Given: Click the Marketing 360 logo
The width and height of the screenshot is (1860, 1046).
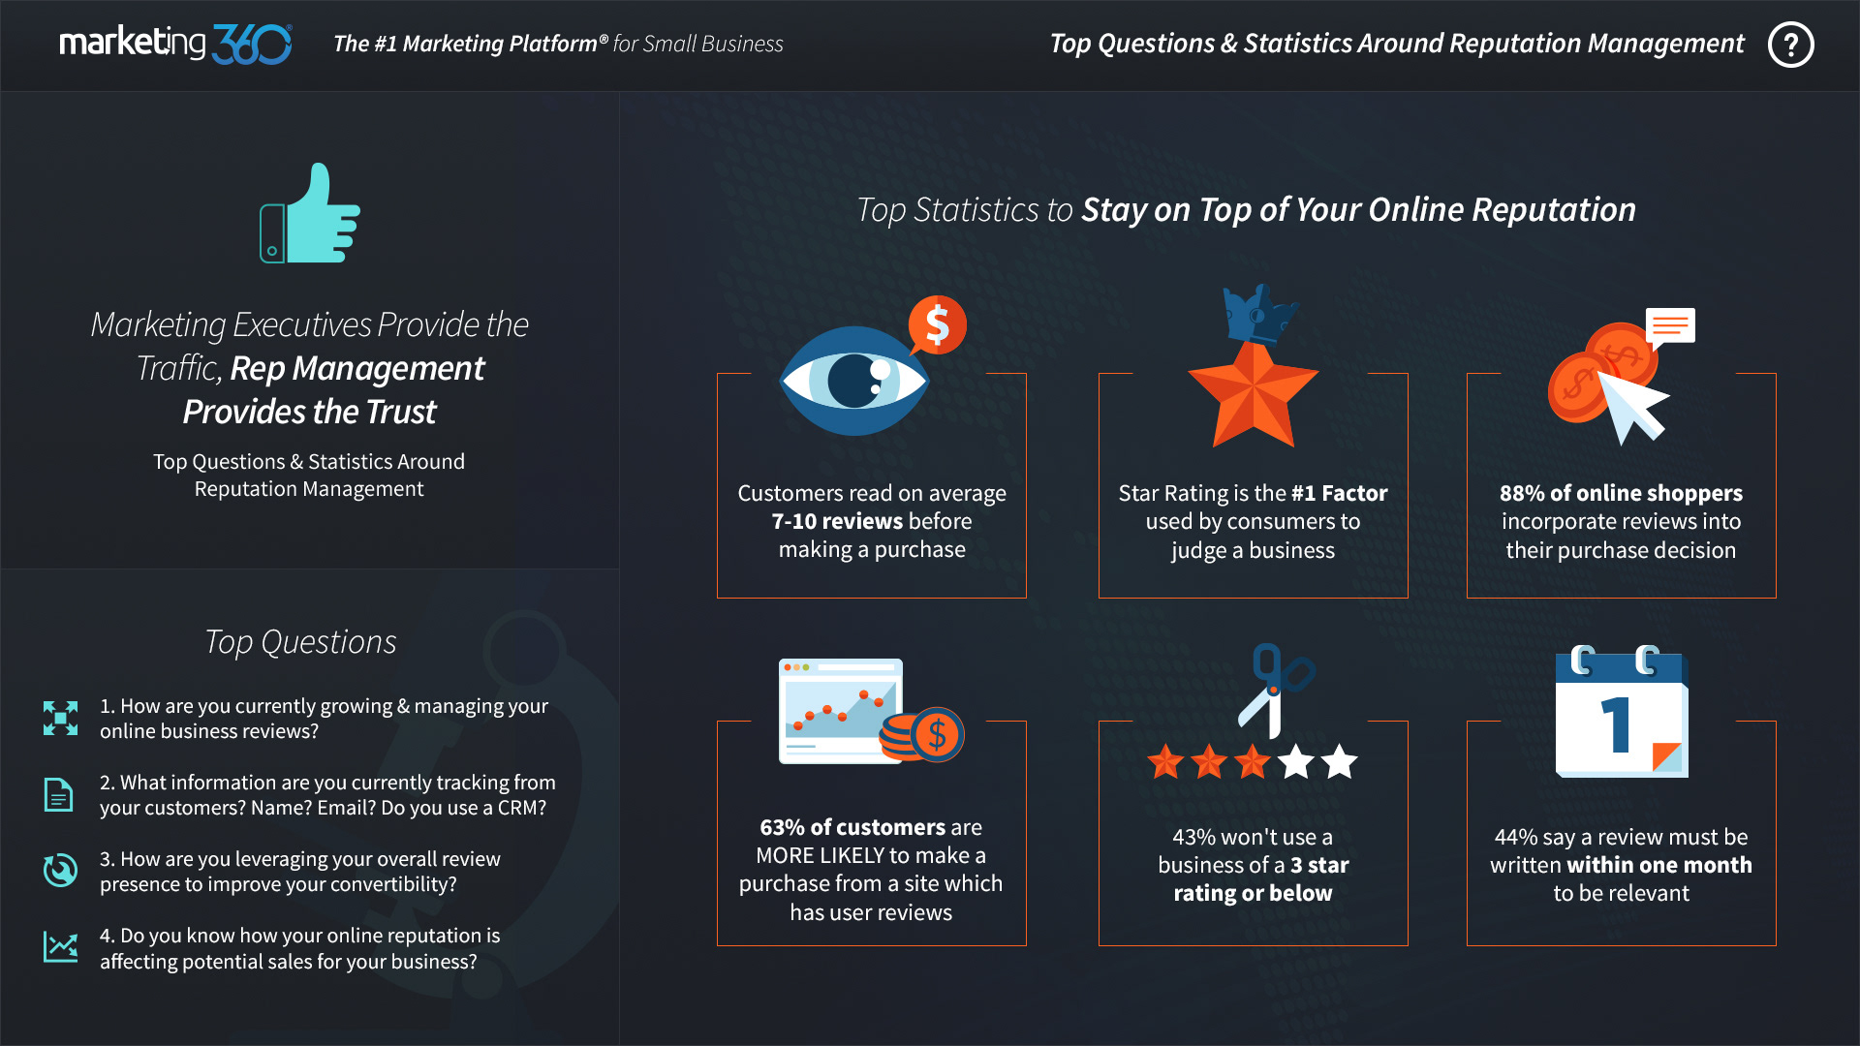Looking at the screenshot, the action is coord(175,44).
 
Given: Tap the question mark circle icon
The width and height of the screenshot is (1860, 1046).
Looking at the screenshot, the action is coord(1790,45).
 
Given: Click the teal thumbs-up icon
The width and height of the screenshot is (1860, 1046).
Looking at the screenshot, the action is coord(310,213).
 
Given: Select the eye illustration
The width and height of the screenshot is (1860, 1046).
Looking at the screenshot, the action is coord(854,381).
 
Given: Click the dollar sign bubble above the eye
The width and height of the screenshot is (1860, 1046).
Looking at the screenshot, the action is coord(937,324).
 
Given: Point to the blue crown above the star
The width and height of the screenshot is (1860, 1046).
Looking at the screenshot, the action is coord(1258,313).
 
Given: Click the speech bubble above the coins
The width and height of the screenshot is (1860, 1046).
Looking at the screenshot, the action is coord(1670,327).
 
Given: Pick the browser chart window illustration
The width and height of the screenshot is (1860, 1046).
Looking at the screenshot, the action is coord(841,711).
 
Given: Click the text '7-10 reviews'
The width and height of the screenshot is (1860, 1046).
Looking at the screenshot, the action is coord(837,521).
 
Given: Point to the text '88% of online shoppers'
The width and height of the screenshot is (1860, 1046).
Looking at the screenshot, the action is coord(1621,493).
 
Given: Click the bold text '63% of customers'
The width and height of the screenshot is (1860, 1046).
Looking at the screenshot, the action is coord(852,827).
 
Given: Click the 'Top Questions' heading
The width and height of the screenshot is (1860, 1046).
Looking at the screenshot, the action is coord(300,642).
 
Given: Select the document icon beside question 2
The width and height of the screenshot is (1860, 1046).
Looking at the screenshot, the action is coord(58,794).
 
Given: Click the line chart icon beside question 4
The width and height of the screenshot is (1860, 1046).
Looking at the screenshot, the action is coord(60,946).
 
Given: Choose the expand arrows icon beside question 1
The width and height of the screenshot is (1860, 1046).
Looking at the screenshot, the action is coord(60,718).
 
